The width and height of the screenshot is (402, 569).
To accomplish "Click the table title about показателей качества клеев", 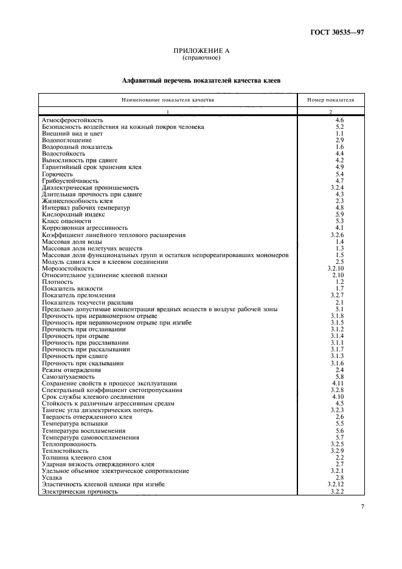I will (x=201, y=80).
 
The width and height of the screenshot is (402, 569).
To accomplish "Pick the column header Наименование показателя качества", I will (x=167, y=99).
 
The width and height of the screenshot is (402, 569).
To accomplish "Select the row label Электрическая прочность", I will (x=80, y=491).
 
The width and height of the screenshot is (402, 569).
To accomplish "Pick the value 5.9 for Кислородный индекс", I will (x=339, y=215).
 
